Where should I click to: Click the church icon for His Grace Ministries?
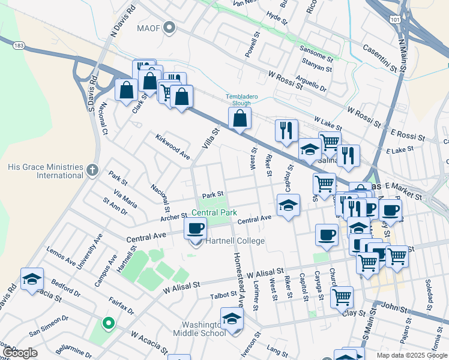pyautogui.click(x=91, y=170)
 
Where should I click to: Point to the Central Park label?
pyautogui.click(x=214, y=212)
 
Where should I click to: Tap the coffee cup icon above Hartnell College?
pyautogui.click(x=196, y=228)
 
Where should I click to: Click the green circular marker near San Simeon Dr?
pyautogui.click(x=108, y=324)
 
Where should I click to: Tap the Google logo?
pyautogui.click(x=20, y=353)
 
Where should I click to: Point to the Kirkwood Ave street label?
pyautogui.click(x=172, y=146)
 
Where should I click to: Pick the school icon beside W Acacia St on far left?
pyautogui.click(x=32, y=279)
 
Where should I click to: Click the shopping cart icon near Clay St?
pyautogui.click(x=341, y=296)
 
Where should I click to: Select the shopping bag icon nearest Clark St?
pyautogui.click(x=127, y=91)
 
